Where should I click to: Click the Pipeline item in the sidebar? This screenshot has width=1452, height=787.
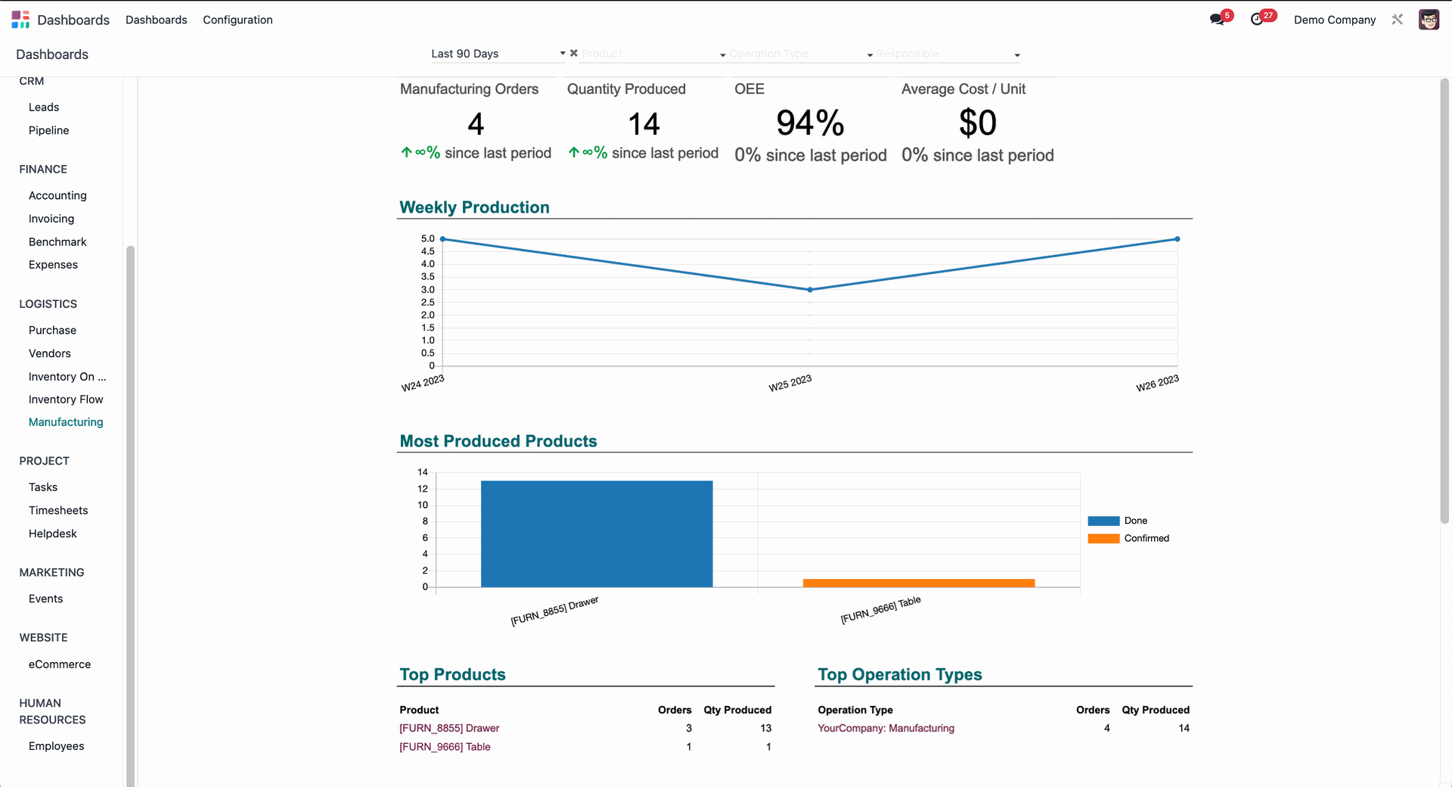pos(48,130)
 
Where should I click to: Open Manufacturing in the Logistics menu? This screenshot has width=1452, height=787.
pos(66,422)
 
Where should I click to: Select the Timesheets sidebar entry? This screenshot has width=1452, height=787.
pos(58,511)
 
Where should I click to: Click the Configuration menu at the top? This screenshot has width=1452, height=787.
pos(237,20)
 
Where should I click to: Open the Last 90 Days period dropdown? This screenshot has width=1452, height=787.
pos(497,54)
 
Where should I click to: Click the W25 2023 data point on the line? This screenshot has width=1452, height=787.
pos(810,290)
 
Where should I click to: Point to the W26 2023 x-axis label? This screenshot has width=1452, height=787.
pos(1157,384)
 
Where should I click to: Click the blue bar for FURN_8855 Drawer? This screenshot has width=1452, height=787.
pos(597,533)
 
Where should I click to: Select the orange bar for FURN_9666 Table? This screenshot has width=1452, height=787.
pos(918,583)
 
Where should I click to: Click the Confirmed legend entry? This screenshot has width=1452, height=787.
pos(1146,539)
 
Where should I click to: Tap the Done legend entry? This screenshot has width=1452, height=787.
pos(1135,521)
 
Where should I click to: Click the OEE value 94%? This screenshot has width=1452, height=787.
pos(810,123)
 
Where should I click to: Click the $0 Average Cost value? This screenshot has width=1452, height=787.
pos(977,123)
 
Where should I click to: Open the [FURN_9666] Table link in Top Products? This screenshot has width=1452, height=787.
pos(445,747)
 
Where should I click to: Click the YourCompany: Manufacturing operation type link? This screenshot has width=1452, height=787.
pos(886,729)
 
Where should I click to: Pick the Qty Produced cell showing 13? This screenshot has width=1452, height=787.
pos(765,729)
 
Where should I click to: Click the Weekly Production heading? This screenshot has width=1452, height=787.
pos(474,207)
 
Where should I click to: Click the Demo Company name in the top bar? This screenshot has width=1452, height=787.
pos(1334,20)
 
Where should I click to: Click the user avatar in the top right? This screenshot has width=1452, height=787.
pos(1428,20)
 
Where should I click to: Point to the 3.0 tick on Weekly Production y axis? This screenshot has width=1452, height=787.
pos(427,290)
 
